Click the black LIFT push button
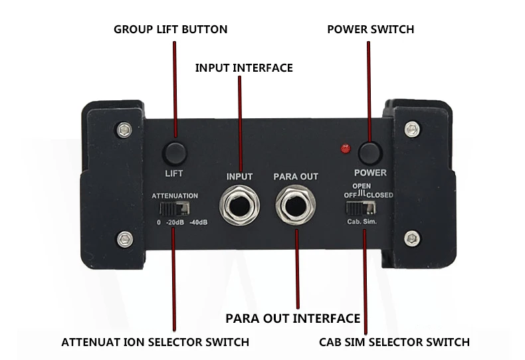click(175, 153)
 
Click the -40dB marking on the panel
click(198, 222)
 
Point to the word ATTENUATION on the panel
click(175, 196)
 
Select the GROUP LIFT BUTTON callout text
click(171, 30)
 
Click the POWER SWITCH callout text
click(371, 30)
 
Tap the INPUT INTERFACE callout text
click(244, 68)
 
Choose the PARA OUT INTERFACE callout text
click(293, 318)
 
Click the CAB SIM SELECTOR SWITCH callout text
click(394, 343)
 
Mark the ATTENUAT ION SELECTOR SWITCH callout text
click(156, 343)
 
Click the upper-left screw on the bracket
click(122, 130)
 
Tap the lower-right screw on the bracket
click(413, 236)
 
